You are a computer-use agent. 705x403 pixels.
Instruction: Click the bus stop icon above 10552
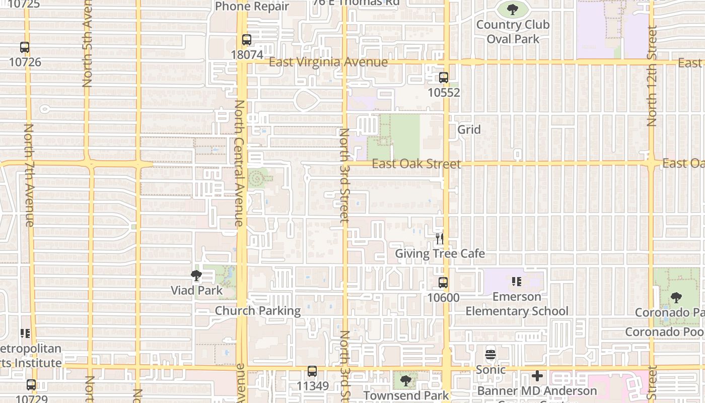click(x=443, y=78)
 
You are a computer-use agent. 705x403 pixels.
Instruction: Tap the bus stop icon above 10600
click(x=443, y=283)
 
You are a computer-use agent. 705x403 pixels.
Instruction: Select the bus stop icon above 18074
click(x=246, y=40)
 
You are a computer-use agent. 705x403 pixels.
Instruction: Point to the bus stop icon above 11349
click(x=312, y=372)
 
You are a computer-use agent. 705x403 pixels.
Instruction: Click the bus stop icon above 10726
click(x=25, y=47)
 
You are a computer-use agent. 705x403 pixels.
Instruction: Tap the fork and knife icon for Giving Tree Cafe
click(x=440, y=238)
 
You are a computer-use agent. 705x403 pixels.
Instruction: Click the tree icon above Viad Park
click(x=196, y=276)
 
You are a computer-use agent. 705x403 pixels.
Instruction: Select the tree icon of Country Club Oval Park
click(x=513, y=9)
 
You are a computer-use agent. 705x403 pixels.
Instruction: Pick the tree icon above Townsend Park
click(x=405, y=381)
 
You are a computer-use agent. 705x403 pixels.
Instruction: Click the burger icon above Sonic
click(x=490, y=354)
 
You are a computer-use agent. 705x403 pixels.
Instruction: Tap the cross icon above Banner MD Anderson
click(x=537, y=376)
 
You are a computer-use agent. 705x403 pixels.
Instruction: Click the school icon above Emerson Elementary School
click(x=517, y=282)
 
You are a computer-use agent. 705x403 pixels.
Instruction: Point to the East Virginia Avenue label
click(x=328, y=62)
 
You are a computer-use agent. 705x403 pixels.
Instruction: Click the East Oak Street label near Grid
click(x=416, y=164)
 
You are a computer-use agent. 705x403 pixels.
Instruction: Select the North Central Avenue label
click(x=240, y=163)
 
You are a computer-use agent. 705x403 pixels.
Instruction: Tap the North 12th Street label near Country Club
click(x=652, y=76)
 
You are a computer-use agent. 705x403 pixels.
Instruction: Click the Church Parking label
click(x=258, y=311)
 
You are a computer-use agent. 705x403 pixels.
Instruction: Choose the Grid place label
click(x=469, y=129)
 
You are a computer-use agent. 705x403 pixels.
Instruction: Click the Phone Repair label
click(x=252, y=7)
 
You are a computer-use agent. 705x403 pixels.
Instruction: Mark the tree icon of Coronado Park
click(x=676, y=297)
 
